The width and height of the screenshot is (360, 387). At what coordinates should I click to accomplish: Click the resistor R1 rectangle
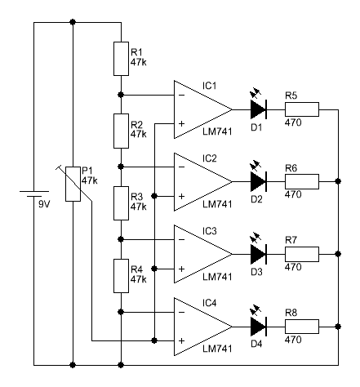[x=121, y=59]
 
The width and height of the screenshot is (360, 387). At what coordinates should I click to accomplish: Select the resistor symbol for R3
[x=121, y=203]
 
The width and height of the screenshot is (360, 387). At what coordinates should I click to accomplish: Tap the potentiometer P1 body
[x=73, y=184]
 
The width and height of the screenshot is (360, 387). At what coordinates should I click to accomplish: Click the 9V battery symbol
[x=34, y=193]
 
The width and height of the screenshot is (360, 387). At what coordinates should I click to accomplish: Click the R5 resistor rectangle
[x=302, y=109]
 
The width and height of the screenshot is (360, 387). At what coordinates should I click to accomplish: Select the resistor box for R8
[x=302, y=327]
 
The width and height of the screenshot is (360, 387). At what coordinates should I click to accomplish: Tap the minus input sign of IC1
[x=182, y=95]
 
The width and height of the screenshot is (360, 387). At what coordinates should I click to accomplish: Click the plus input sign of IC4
[x=182, y=340]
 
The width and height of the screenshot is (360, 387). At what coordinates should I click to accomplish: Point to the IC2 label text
[x=209, y=158]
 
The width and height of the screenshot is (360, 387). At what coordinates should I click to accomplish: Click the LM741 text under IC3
[x=217, y=277]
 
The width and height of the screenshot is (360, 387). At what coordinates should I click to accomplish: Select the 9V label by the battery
[x=44, y=204]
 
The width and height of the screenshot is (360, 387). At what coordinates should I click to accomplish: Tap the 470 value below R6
[x=293, y=194]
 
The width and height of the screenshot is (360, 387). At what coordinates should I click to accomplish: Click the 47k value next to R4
[x=139, y=279]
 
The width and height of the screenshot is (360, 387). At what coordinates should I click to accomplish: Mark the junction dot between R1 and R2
[x=121, y=95]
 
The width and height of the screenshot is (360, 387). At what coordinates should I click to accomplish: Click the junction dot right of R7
[x=338, y=254]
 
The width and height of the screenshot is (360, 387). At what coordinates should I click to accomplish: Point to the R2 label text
[x=136, y=125]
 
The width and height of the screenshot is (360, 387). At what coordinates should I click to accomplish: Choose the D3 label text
[x=256, y=272]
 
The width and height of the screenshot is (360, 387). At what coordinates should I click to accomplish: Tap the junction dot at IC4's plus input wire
[x=154, y=340]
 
